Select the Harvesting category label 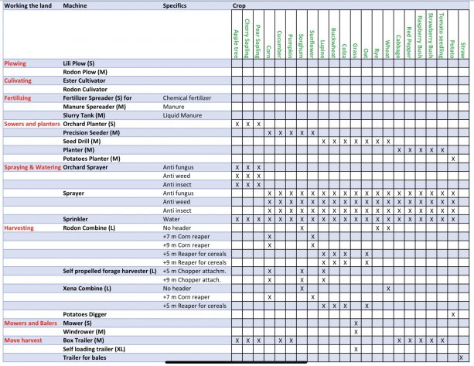coord(19,228)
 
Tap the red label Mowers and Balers coord(29,322)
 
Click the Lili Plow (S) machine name coord(79,62)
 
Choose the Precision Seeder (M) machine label coord(91,133)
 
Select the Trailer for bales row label coord(87,357)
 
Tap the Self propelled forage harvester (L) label coord(109,271)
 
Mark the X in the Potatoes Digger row coord(452,314)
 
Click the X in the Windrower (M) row coord(355,331)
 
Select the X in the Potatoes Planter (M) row coord(452,159)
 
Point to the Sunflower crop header coord(312,35)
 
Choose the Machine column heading coord(75,5)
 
